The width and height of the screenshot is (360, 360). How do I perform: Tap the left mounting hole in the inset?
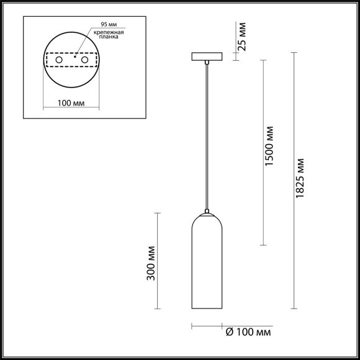click(x=60, y=60)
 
